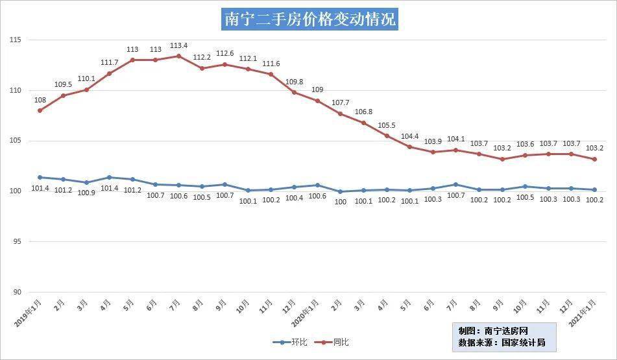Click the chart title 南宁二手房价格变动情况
click(x=309, y=19)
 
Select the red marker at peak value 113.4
click(x=178, y=56)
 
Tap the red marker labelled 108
click(x=40, y=110)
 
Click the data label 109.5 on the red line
click(x=63, y=84)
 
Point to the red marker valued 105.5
click(x=387, y=136)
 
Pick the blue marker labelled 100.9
click(x=86, y=182)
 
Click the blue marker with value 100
click(x=341, y=191)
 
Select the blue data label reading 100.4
click(x=294, y=198)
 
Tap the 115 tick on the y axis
click(x=16, y=40)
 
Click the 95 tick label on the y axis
click(x=17, y=242)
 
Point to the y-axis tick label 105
click(x=16, y=141)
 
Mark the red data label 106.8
click(x=364, y=112)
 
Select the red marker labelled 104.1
click(x=456, y=150)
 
